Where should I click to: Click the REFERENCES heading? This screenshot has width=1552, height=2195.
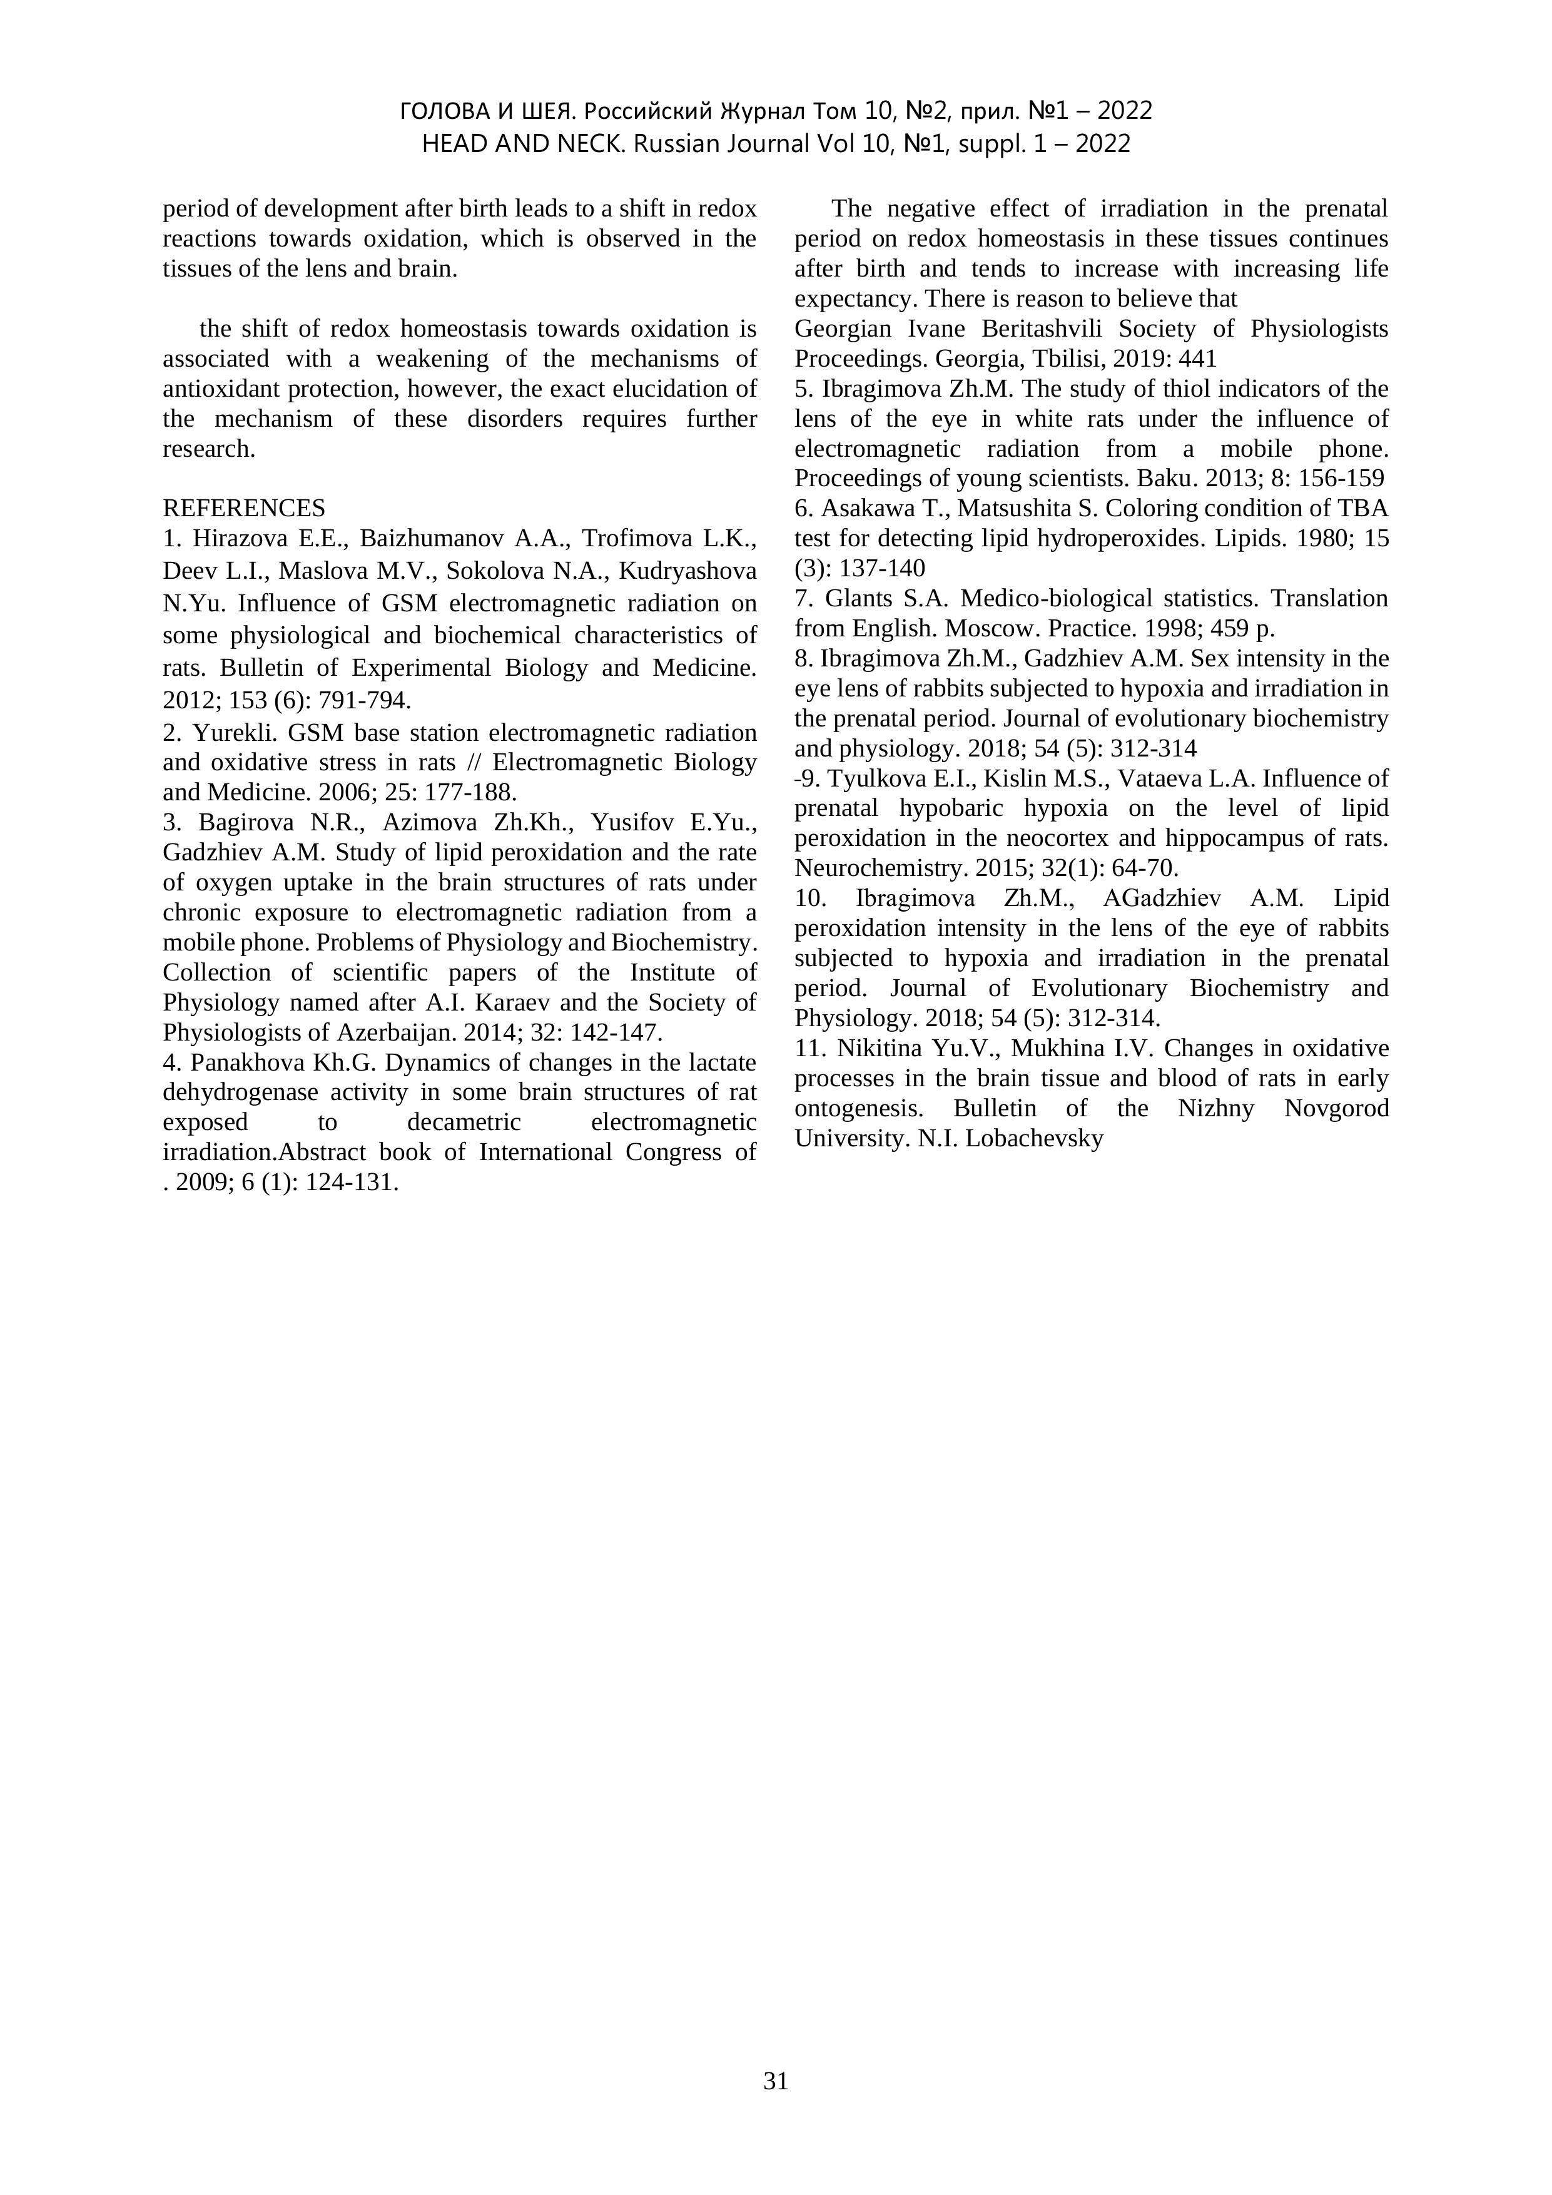[x=244, y=507]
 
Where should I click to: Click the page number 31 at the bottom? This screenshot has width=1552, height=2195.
[x=776, y=2080]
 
